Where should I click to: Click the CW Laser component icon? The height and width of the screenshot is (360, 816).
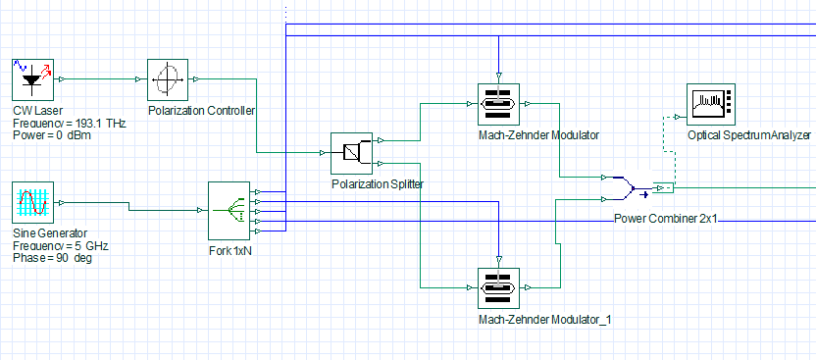[x=32, y=79]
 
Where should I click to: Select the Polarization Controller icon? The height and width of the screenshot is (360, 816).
[x=168, y=79]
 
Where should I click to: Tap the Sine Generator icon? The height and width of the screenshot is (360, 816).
[x=32, y=202]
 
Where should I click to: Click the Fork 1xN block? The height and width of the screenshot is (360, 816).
[x=229, y=211]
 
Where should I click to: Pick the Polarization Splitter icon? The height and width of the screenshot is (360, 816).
[x=352, y=153]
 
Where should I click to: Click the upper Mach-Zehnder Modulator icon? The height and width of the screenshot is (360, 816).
[x=498, y=104]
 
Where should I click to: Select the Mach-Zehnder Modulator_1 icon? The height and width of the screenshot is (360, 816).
[x=498, y=288]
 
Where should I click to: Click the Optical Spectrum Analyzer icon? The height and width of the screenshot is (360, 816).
[x=711, y=104]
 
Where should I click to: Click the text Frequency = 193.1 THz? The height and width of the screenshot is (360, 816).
[x=70, y=124]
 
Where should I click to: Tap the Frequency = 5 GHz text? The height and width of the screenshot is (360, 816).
[x=61, y=246]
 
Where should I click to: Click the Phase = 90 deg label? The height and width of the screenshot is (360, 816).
[x=53, y=258]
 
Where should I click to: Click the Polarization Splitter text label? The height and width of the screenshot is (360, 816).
[x=378, y=184]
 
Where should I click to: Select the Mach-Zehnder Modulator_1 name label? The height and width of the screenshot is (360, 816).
[x=545, y=320]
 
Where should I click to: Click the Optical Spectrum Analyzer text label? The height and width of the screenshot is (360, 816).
[x=749, y=135]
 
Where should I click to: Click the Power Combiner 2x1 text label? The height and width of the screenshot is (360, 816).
[x=666, y=219]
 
